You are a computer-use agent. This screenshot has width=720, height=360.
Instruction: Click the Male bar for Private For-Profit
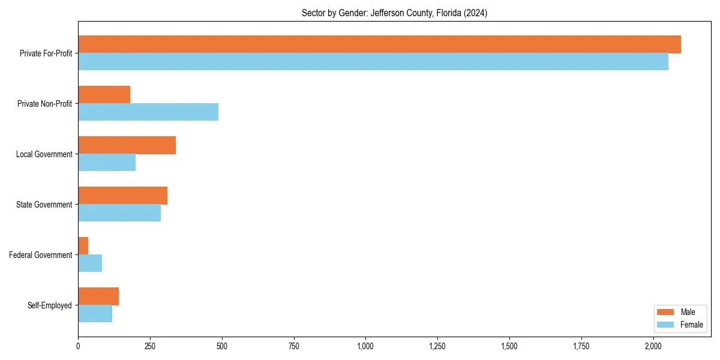(x=379, y=44)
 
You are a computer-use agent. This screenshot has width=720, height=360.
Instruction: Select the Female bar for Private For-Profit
(x=373, y=62)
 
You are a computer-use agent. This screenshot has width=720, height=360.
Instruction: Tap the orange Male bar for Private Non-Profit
(x=104, y=95)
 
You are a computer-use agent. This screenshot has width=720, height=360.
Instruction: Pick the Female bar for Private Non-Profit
(x=148, y=112)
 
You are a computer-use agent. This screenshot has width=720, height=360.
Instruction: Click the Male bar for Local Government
(x=127, y=145)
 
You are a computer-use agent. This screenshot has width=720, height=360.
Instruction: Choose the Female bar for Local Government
(x=107, y=163)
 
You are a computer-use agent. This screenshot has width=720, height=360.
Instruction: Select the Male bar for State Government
(x=122, y=196)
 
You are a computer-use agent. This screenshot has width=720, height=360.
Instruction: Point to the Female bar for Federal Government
(x=90, y=263)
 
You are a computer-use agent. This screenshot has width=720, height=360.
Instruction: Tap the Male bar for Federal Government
(x=83, y=246)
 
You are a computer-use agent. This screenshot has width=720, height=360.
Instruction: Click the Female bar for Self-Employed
(x=95, y=314)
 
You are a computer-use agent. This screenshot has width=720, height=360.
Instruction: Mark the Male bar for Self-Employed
(x=98, y=296)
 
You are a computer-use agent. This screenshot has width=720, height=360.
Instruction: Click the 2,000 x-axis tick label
(x=653, y=346)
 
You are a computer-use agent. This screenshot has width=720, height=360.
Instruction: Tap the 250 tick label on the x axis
(x=150, y=346)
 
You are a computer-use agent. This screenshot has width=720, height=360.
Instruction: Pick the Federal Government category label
(x=41, y=255)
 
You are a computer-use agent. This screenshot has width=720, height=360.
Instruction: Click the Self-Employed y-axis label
(x=50, y=305)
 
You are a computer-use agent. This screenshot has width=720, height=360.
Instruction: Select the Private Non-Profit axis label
(x=44, y=104)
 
